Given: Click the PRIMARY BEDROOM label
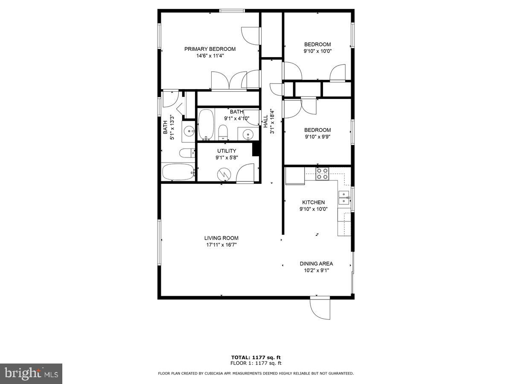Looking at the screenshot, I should click(x=209, y=49).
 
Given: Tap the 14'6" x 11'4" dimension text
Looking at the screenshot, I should click(x=209, y=55).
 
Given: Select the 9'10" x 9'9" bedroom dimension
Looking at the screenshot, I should click(x=317, y=137).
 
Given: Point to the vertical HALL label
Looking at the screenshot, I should click(x=265, y=121).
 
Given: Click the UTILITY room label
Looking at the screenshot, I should click(x=227, y=151).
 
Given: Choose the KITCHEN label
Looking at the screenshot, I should click(x=314, y=202).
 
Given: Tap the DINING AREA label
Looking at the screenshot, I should click(x=316, y=264).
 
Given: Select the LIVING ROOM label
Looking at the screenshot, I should click(x=221, y=238).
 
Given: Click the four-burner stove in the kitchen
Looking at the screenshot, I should click(x=322, y=173).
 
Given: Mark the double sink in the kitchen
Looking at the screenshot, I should click(x=344, y=198).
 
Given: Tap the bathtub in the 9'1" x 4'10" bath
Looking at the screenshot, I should click(x=206, y=125).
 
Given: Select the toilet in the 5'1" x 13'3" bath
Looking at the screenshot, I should click(x=186, y=153).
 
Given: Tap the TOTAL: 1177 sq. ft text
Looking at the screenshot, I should click(x=256, y=358).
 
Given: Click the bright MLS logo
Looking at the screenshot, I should click(x=31, y=374).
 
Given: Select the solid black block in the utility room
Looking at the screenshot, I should click(x=256, y=149).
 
